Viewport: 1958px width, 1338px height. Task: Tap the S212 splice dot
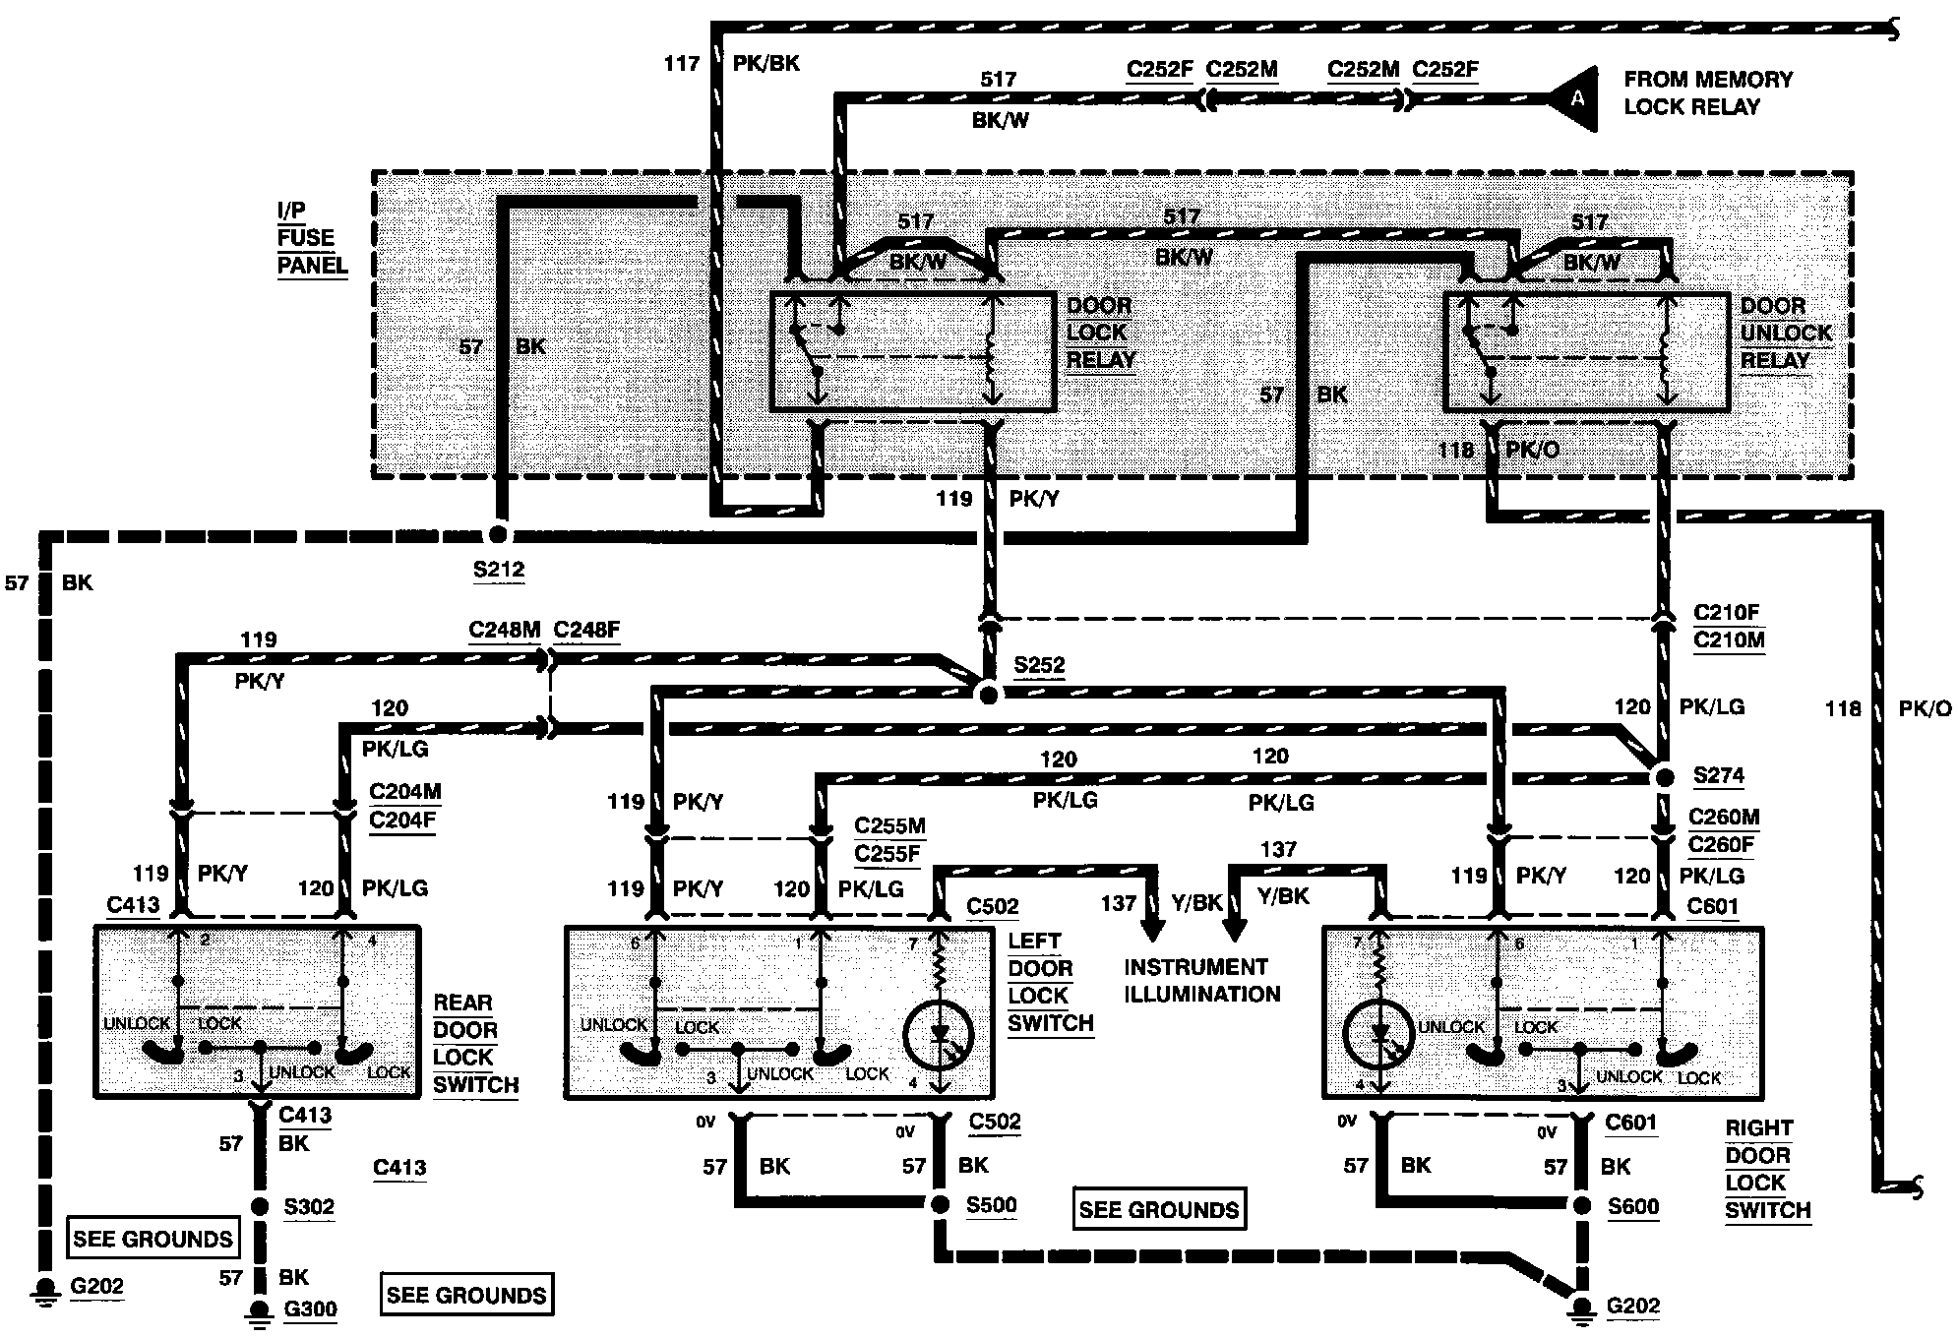tap(498, 534)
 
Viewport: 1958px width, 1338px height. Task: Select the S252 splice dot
tap(989, 695)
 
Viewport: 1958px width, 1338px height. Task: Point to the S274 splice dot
tap(1664, 777)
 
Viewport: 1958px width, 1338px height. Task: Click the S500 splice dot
tap(940, 1204)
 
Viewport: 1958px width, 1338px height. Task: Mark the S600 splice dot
tap(1581, 1206)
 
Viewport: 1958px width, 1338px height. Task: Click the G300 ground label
tap(310, 1309)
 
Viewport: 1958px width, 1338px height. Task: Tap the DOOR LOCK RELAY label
tap(1100, 333)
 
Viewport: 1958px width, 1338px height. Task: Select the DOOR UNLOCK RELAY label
tap(1786, 333)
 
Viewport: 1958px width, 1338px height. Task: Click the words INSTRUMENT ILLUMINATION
tap(1201, 980)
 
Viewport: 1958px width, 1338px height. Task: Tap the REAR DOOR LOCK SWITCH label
tap(475, 1044)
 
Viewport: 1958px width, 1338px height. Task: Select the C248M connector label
tap(504, 630)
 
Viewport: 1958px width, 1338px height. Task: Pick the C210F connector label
tap(1726, 612)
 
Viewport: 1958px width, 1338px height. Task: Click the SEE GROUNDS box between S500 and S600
tap(1158, 1209)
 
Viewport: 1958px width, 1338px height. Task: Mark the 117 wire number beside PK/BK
tap(681, 64)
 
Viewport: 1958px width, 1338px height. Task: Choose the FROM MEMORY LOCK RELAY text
tap(1708, 92)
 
